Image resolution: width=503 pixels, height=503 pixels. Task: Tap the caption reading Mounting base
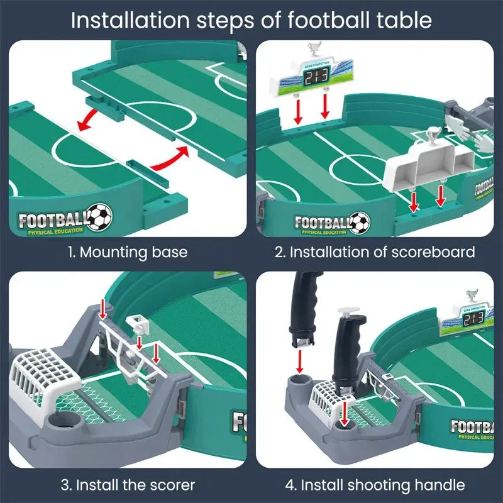[x=128, y=253]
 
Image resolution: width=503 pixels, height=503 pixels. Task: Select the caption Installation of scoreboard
[x=375, y=253]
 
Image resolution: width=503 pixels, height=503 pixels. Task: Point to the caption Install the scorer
[x=128, y=485]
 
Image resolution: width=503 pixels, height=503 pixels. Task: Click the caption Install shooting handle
[x=375, y=485]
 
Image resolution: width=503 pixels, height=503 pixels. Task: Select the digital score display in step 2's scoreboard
[x=316, y=77]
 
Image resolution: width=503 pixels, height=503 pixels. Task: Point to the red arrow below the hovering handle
[x=301, y=362]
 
